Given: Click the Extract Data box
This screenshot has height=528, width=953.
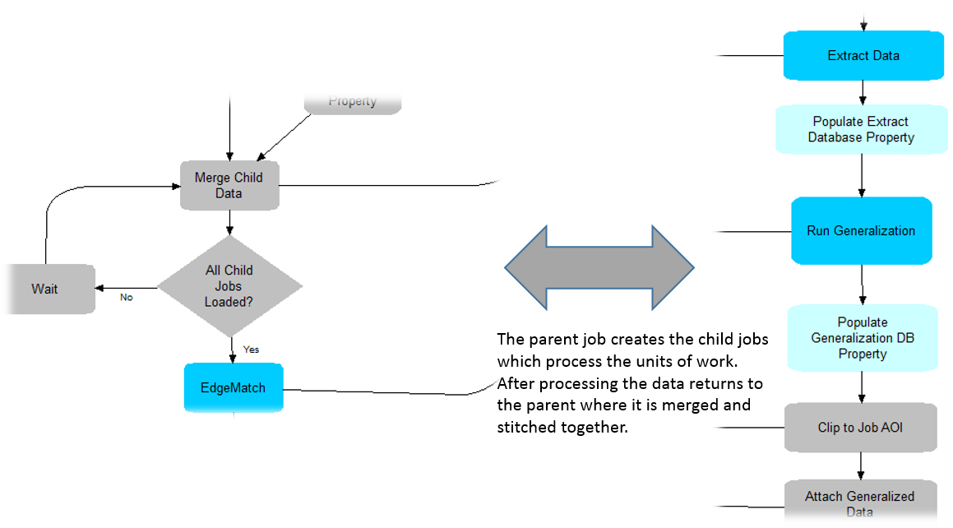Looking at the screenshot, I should [863, 56].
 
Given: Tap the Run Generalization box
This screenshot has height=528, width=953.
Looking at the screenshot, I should [861, 230].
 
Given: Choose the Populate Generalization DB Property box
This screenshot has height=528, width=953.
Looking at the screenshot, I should [862, 337].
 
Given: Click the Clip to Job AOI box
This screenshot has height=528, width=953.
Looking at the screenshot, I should [860, 427].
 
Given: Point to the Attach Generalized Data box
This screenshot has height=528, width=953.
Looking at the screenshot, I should [859, 502].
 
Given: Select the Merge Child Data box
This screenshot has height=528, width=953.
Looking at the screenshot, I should [229, 185].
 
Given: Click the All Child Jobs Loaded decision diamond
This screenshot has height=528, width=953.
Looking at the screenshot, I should [229, 285].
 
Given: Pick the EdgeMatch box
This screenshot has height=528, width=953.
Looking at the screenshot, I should [234, 387].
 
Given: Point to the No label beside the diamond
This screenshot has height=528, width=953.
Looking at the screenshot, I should [126, 297].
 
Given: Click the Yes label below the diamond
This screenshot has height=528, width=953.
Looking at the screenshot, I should [251, 349].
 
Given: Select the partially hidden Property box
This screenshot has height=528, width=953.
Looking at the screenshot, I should [353, 101].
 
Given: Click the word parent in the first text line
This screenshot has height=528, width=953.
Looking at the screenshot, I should [544, 340].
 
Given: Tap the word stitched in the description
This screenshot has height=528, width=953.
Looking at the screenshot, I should [525, 427].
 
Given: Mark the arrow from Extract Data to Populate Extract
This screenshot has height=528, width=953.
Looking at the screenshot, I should [862, 92].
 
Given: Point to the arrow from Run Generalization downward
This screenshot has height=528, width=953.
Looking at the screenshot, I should [862, 285].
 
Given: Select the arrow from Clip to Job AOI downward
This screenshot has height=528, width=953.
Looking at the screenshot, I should [861, 465].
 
